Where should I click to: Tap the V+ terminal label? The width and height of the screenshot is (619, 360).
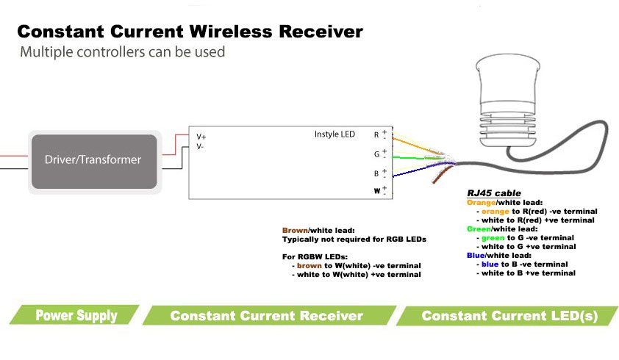[x=201, y=137]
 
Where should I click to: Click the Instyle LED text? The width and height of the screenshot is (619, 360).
[x=334, y=134]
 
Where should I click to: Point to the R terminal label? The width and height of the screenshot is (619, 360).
[x=376, y=135]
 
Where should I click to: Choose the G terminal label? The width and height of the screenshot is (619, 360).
[x=376, y=154]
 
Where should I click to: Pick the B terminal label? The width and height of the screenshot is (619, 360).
[x=376, y=174]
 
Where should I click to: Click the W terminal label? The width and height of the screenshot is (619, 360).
[x=376, y=191]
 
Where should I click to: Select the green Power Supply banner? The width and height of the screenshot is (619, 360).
[x=76, y=316]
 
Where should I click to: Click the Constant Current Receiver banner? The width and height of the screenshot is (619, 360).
[x=266, y=316]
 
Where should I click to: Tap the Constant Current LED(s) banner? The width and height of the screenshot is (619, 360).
[x=509, y=316]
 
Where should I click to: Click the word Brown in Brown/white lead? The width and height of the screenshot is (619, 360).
[x=293, y=230]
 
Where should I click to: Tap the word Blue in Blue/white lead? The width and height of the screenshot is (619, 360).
[x=476, y=255]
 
